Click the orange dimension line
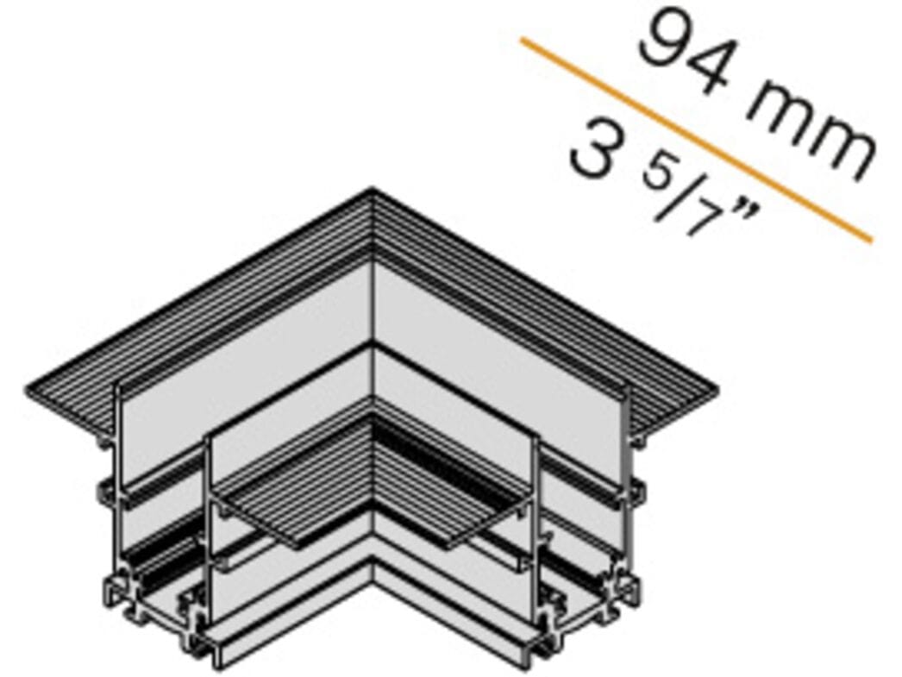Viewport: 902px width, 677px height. pyautogui.click(x=695, y=138)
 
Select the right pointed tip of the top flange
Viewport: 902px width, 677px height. pyautogui.click(x=716, y=395)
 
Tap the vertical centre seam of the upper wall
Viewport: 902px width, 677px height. pyautogui.click(x=373, y=302)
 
